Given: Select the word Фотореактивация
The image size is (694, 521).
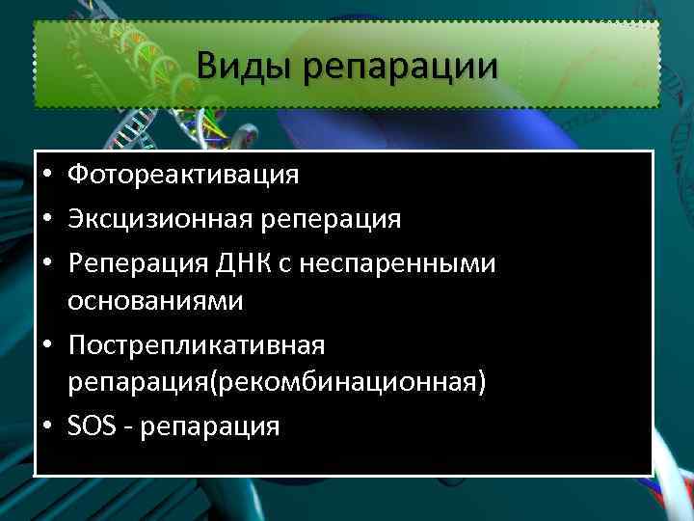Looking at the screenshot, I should pos(183,176).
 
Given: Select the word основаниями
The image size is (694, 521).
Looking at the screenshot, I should pos(155,302).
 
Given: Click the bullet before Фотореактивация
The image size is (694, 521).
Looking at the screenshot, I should pos(47,177).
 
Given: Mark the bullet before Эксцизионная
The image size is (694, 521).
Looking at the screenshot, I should pos(47,219).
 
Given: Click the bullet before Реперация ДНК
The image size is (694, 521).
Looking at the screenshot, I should pos(47,260).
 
